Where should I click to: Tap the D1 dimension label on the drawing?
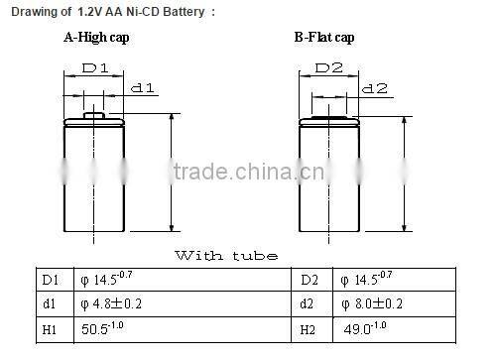coord(94,70)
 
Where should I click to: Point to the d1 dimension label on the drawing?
coord(143,88)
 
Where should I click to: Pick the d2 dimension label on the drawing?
coord(374,88)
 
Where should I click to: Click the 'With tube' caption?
coord(226,255)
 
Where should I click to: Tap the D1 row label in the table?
coord(49,280)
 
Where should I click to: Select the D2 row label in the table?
coord(308,280)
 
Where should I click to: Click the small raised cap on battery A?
coord(94,115)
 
